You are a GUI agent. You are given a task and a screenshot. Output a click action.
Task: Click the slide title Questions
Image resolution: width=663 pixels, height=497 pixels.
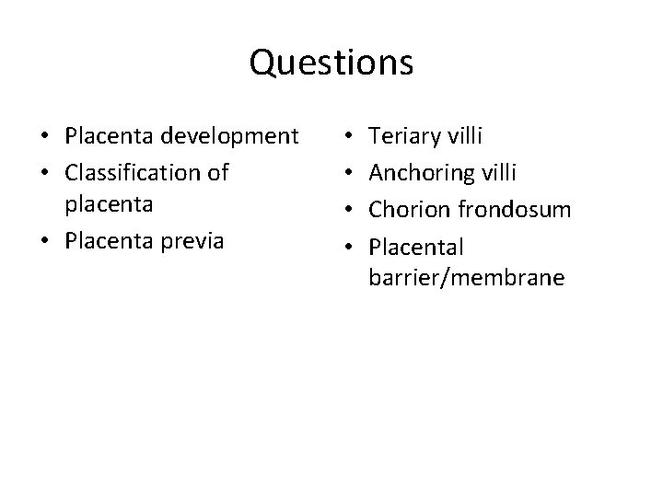pyautogui.click(x=331, y=63)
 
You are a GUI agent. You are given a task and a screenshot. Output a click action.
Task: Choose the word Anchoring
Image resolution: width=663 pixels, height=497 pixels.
pyautogui.click(x=426, y=173)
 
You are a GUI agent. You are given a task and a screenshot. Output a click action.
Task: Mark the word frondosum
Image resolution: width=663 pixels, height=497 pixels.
pyautogui.click(x=516, y=208)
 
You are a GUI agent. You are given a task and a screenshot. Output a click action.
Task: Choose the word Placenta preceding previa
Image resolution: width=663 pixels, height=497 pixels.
pyautogui.click(x=105, y=243)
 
